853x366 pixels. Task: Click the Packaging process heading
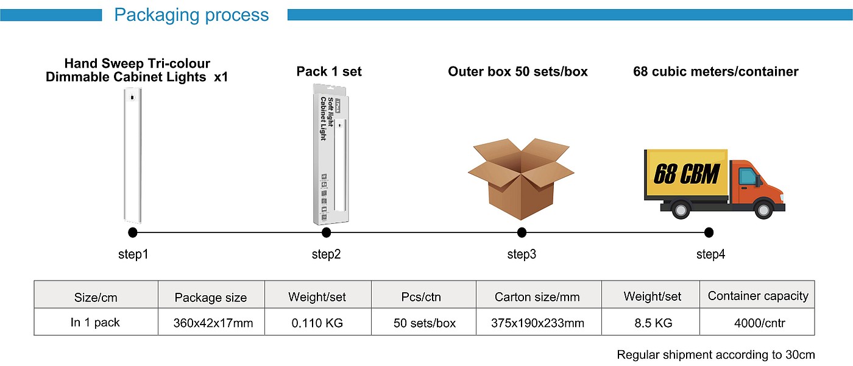click(x=191, y=15)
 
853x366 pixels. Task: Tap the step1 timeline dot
click(x=133, y=232)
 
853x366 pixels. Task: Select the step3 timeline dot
click(x=522, y=232)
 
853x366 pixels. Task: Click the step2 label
click(x=326, y=254)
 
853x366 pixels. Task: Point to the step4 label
click(x=710, y=254)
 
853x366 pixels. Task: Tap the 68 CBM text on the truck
click(x=687, y=174)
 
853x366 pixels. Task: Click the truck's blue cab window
click(x=748, y=176)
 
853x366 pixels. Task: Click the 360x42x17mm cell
click(x=211, y=323)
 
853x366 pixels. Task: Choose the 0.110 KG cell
click(x=317, y=323)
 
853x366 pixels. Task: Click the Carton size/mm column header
click(x=537, y=297)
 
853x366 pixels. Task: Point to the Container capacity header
click(x=758, y=296)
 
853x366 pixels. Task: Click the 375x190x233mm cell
click(x=537, y=323)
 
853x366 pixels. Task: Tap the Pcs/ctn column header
click(x=422, y=297)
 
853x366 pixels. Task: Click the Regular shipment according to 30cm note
click(x=716, y=354)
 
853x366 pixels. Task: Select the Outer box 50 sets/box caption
click(x=518, y=71)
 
